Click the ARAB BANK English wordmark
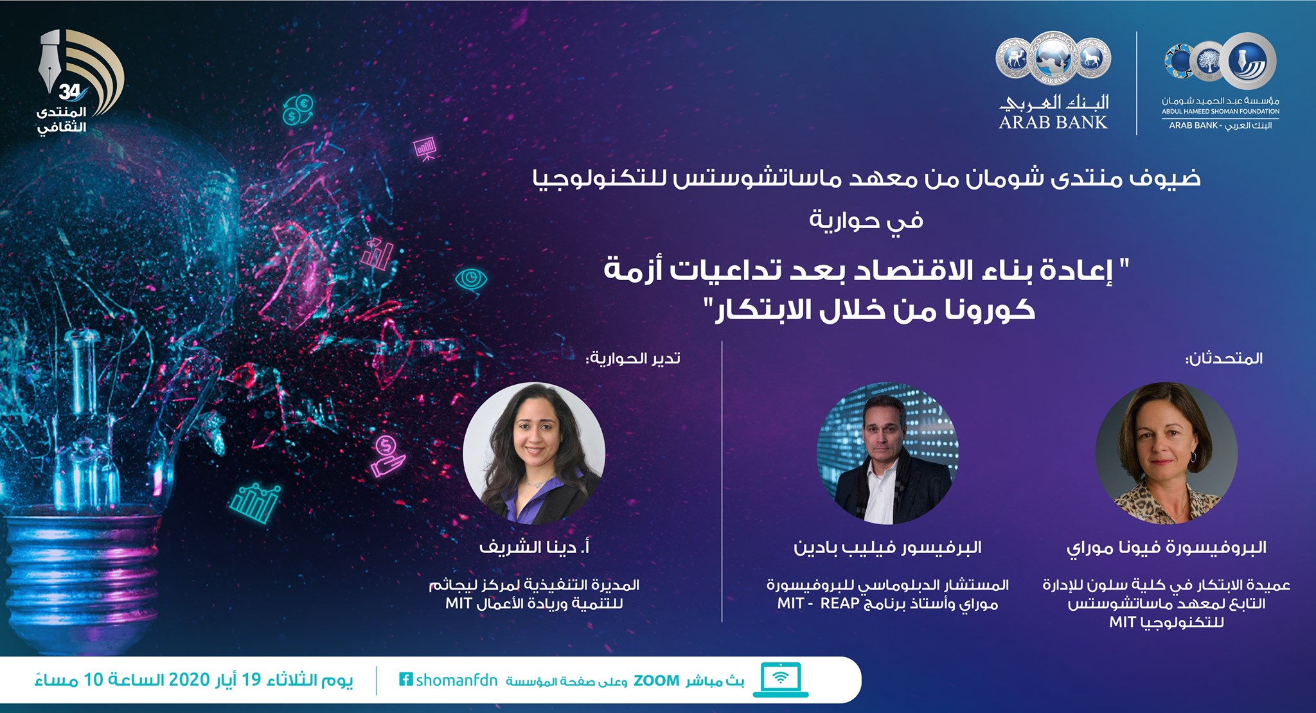(1053, 122)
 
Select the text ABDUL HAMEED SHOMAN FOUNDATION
(1220, 112)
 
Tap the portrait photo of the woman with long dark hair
(533, 453)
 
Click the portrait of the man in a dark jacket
(887, 453)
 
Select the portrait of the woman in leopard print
(1166, 453)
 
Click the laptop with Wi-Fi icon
(781, 680)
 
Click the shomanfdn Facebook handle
(456, 680)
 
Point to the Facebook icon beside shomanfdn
(405, 679)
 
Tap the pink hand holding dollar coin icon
(387, 455)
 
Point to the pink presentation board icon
(425, 148)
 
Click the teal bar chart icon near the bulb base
(255, 504)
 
